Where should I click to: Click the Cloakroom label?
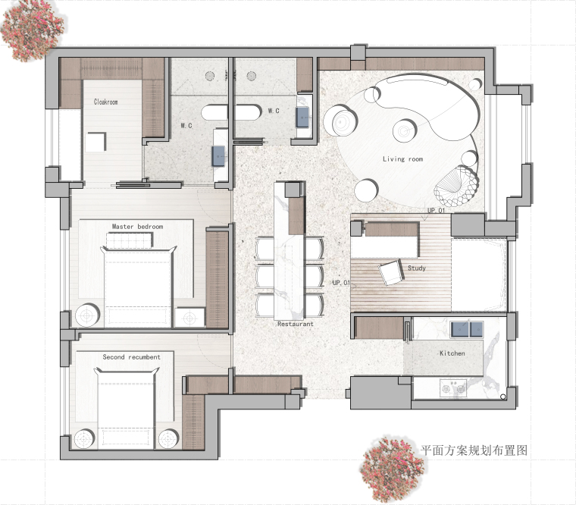coord(106,102)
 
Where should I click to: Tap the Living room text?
coord(403,159)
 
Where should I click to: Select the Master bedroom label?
coord(137,227)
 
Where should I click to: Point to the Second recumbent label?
coord(132,357)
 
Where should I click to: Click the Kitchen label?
coord(452,353)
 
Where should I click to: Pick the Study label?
coord(417,268)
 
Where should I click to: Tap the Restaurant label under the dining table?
coord(296,324)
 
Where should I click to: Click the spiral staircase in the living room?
coord(455,187)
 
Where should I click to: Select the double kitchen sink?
coord(467,329)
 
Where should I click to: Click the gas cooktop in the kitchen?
coord(453,388)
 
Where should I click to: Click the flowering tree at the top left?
coord(31,30)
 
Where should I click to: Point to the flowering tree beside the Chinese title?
coord(391,469)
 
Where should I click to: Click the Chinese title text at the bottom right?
coord(474,450)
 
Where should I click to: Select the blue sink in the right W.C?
coord(303,117)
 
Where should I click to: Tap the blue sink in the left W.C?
coord(218,156)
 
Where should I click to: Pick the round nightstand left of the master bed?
coord(87,315)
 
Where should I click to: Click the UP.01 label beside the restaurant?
coord(341,283)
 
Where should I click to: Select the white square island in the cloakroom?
coord(96,143)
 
